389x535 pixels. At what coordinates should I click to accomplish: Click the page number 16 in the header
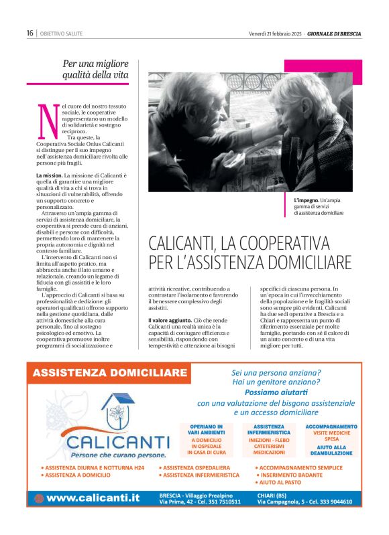30,33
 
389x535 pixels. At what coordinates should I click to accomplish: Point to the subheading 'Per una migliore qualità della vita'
95,69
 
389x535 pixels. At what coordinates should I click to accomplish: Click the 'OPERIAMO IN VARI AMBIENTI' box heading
207,430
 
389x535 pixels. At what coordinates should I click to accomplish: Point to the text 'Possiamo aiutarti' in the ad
276,392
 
